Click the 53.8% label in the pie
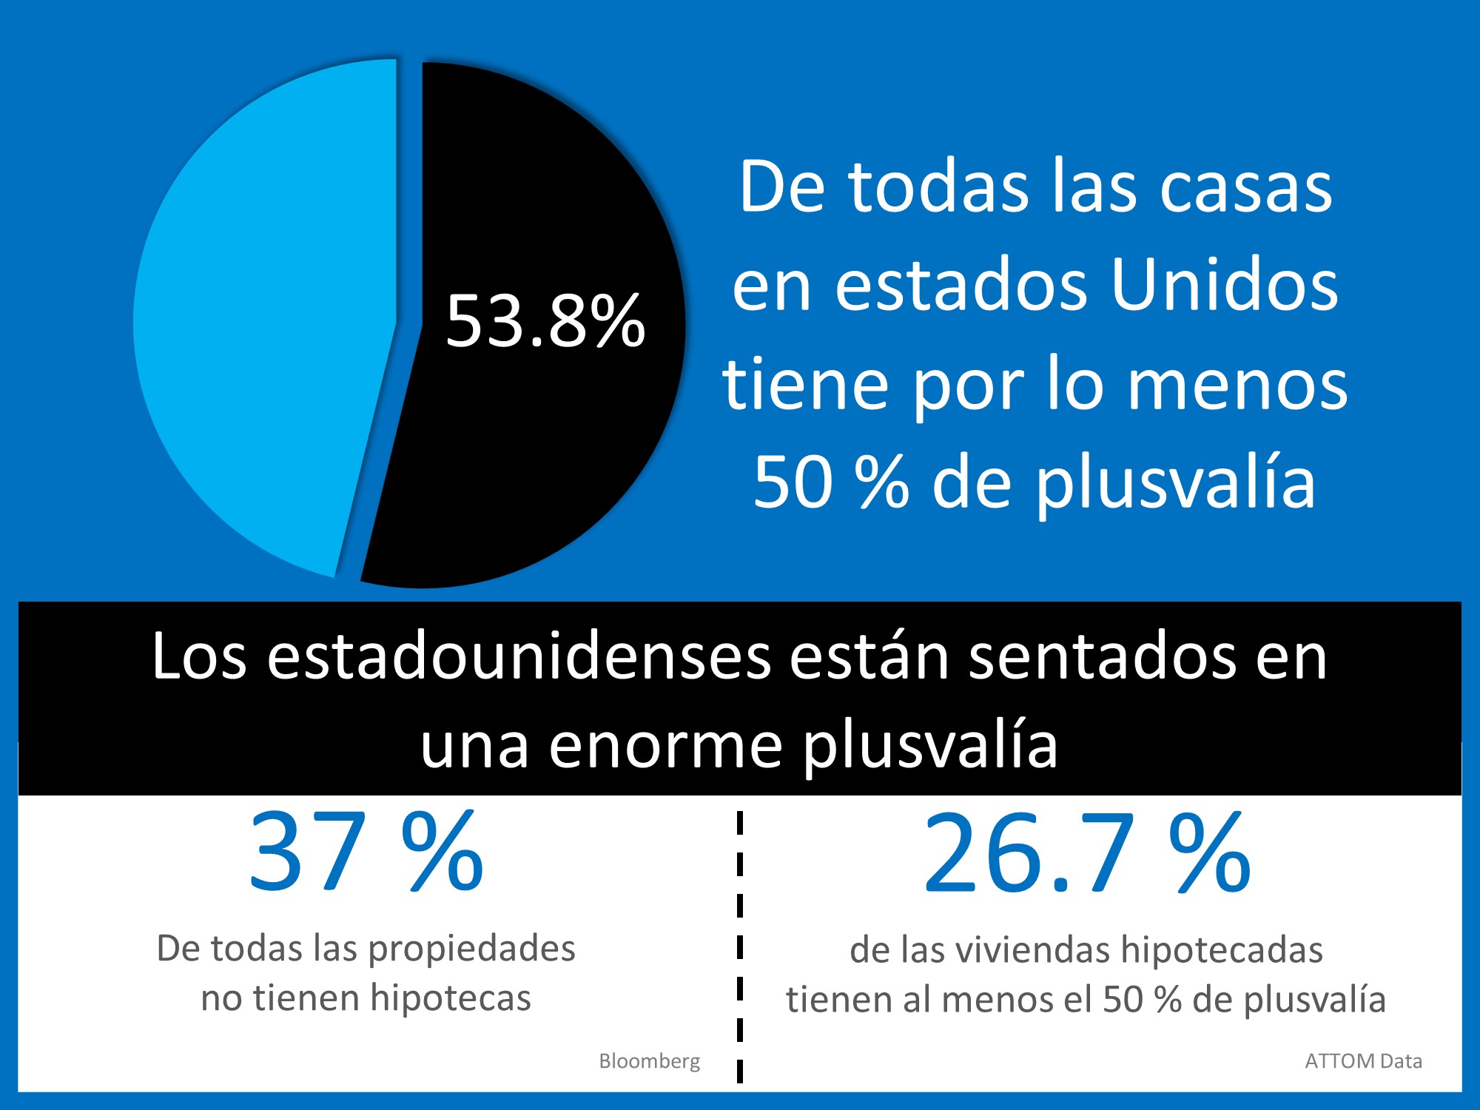pos(545,322)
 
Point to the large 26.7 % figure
pos(1086,852)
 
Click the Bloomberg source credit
pos(649,1061)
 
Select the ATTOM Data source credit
pos(1362,1061)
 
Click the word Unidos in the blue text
pos(1225,286)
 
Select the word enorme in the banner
pos(665,746)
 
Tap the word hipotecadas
pos(1222,950)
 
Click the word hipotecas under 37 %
pos(450,998)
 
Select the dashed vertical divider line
pos(739,947)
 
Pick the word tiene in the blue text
pos(805,385)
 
